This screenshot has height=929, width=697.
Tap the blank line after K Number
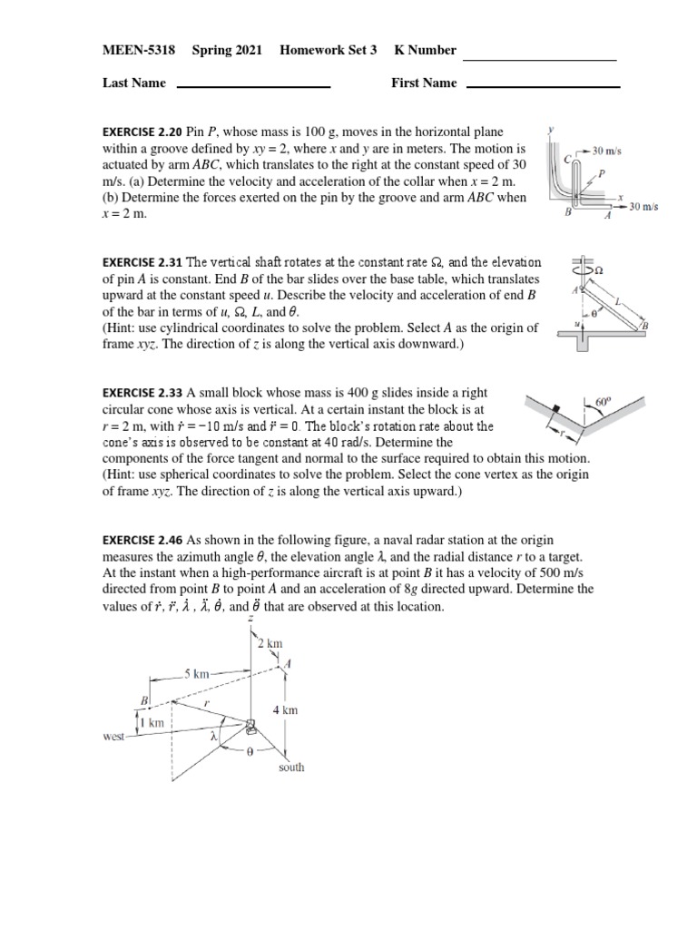point(540,59)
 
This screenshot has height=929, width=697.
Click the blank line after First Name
point(542,87)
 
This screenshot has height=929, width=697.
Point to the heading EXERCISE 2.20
point(143,132)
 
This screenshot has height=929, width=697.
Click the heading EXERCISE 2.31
point(143,262)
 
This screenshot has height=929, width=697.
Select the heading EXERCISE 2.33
point(143,393)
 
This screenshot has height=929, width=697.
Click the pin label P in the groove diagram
point(602,171)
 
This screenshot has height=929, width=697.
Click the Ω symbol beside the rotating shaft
point(598,269)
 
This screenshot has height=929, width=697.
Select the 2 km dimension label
point(270,643)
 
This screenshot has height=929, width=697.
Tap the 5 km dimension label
point(197,674)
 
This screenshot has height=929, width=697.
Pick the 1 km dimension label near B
point(155,722)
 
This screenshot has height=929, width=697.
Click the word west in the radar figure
point(113,738)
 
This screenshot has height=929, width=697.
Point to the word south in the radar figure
point(291,768)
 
